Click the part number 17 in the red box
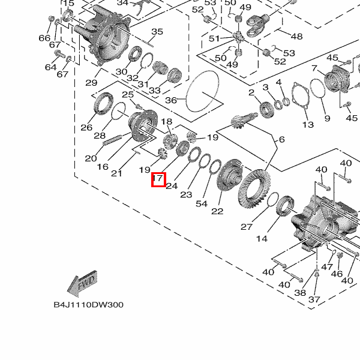coord(158,179)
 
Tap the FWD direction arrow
coord(80,286)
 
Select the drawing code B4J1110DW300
coord(88,305)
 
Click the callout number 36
coord(171,100)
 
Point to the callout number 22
coord(217,211)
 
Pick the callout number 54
coord(202,203)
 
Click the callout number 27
coord(247,227)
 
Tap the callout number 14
coord(262,239)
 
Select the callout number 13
coord(308,125)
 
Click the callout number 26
coord(86,127)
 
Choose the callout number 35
coord(157,32)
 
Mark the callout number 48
coord(296,36)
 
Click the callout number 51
coord(215,38)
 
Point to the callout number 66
coord(44,38)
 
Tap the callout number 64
coord(50,67)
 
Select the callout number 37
coord(314,299)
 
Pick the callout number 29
coord(91,82)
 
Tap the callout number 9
coord(326,118)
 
